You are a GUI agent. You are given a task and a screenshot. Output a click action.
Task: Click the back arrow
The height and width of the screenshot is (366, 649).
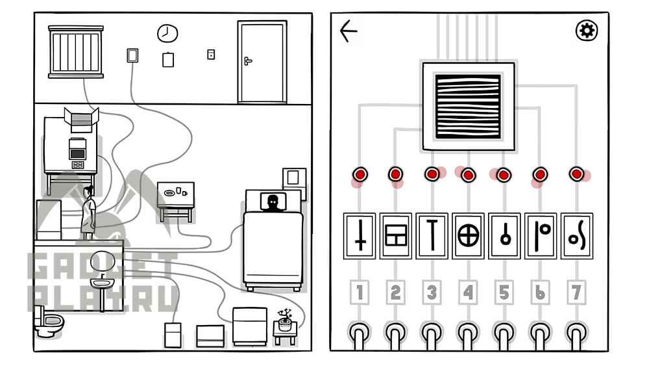pos(348,31)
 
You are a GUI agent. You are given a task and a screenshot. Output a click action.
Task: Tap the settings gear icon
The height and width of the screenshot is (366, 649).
pos(587,31)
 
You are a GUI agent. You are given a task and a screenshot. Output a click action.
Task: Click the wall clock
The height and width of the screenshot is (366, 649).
pos(167,34)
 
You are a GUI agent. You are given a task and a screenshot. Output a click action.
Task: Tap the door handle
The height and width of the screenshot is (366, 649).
pos(247,61)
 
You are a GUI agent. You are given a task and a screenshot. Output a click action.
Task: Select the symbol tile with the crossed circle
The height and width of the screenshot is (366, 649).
pos(468,236)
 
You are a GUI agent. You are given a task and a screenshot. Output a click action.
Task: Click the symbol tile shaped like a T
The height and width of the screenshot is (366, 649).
pos(432,236)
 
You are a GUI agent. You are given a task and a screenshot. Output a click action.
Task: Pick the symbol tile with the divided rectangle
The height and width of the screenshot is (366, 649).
pos(396,236)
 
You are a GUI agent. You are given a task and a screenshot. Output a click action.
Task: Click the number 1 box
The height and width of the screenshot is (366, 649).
pos(360,293)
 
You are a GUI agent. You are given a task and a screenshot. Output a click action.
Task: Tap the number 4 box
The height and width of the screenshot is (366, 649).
pos(468,293)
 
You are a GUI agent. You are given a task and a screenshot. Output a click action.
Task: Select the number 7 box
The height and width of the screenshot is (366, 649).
pos(576,293)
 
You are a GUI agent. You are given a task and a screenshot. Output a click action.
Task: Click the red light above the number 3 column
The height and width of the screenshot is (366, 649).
pos(432,174)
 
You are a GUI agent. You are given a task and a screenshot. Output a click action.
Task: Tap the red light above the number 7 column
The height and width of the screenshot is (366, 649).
pos(576,174)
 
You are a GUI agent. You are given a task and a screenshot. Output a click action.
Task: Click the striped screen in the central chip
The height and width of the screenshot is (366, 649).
pos(468,107)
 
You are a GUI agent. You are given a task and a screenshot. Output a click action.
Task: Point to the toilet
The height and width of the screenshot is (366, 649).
pos(48,322)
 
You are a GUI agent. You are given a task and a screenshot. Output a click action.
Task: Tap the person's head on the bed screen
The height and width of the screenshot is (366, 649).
pos(273,202)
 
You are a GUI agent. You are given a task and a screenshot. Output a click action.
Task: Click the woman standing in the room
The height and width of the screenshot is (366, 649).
pos(88,212)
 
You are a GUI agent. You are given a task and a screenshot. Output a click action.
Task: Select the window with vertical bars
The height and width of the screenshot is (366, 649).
pos(76,52)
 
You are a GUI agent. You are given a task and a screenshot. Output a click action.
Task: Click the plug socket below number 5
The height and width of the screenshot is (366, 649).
pos(504,333)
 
